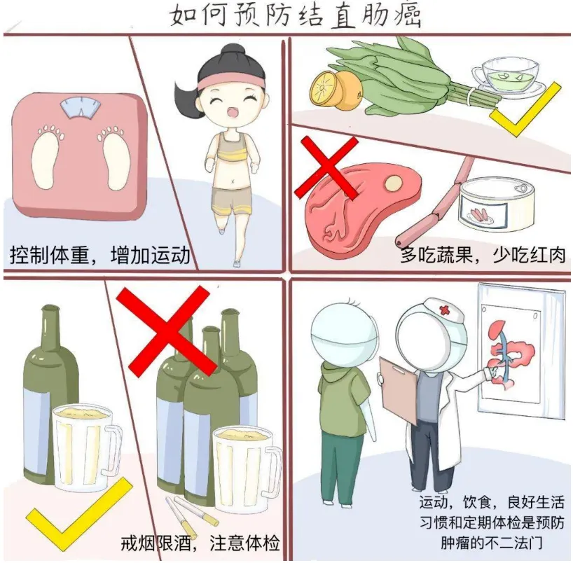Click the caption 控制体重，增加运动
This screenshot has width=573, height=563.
click(x=100, y=254)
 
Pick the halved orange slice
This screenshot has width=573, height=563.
click(x=326, y=88)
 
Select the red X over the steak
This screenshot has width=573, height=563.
click(x=327, y=168)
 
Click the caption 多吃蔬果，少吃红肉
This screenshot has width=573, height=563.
click(x=482, y=254)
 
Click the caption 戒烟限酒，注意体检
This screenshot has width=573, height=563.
click(x=200, y=543)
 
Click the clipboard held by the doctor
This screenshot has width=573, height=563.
click(x=397, y=392)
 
